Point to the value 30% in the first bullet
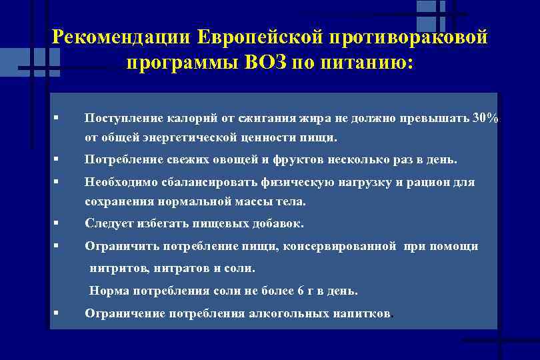pos(485,118)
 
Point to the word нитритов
pos(117,269)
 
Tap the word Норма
pos(109,291)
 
